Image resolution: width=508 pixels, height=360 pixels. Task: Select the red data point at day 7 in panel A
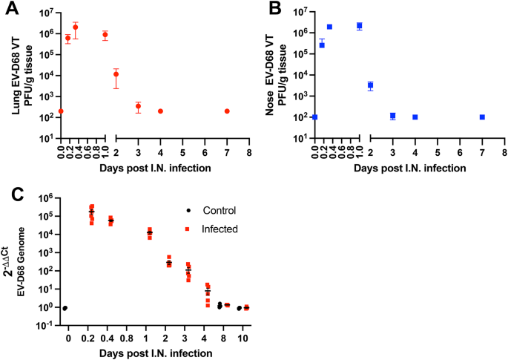click(227, 111)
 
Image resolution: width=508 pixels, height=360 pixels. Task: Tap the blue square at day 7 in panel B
click(482, 117)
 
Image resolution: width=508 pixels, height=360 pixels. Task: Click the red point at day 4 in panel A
click(160, 111)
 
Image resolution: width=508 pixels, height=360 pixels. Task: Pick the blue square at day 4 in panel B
click(415, 117)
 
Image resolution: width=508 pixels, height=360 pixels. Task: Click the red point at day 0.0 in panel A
click(61, 111)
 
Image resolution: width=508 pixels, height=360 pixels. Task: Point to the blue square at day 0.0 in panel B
click(315, 117)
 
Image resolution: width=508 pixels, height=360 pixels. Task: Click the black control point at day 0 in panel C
click(65, 308)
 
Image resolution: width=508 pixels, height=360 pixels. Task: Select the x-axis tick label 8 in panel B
click(504, 152)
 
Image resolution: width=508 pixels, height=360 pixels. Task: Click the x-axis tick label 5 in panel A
click(182, 152)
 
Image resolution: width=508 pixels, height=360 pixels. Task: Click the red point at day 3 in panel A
click(138, 106)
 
